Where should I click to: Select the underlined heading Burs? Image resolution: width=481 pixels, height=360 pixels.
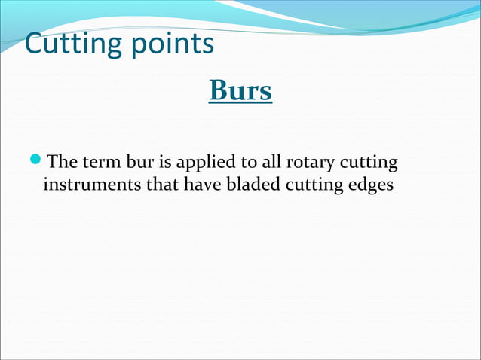point(240,92)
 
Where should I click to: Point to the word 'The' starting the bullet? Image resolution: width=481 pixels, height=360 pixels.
point(60,162)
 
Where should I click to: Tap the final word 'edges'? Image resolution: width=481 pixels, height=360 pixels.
point(370,185)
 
